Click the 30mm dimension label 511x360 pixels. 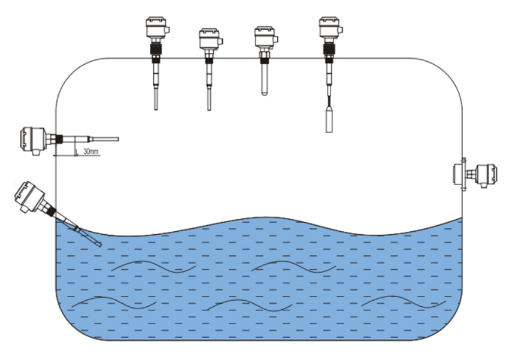coord(90,151)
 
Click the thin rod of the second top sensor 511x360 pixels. coord(208,91)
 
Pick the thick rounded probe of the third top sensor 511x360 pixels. coord(264,79)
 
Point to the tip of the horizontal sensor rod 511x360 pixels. coord(116,139)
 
